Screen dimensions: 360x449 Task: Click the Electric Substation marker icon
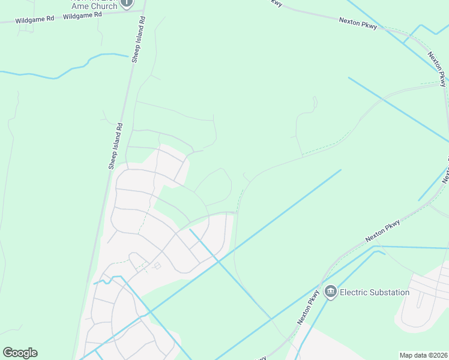(330, 292)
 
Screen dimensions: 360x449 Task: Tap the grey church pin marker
(127, 4)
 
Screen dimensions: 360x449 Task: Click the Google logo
(20, 353)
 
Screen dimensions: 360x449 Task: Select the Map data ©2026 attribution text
(424, 355)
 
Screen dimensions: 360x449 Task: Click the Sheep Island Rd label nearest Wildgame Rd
(138, 40)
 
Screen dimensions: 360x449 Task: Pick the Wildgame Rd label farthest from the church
(35, 19)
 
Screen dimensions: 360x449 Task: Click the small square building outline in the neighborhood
(158, 266)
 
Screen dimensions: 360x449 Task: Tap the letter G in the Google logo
(8, 353)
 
